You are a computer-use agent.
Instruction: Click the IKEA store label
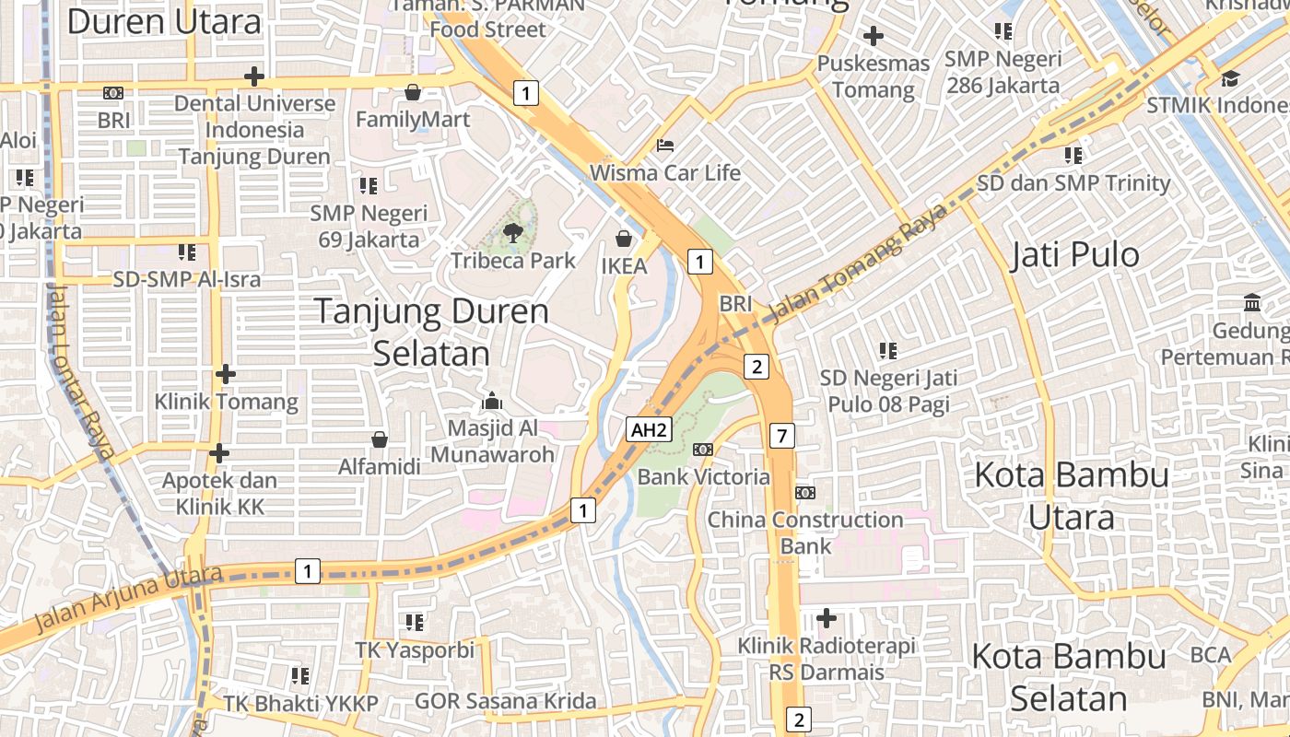pos(624,266)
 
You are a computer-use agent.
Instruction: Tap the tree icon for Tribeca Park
pos(513,233)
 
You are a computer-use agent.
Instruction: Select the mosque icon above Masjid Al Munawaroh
pos(491,402)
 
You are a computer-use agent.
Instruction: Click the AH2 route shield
pos(648,429)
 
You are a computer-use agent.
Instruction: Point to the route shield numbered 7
pos(781,436)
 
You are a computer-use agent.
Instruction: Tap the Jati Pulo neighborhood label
pos(1075,255)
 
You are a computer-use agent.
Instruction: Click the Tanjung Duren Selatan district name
pos(431,333)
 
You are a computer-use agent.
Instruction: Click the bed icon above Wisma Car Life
pos(664,146)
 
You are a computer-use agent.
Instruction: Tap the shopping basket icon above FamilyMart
pos(413,92)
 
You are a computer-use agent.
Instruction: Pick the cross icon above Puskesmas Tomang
pos(873,37)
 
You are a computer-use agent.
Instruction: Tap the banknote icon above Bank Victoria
pos(703,450)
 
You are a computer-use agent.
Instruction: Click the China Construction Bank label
pos(804,532)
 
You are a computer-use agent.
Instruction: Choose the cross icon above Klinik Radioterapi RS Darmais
pos(827,617)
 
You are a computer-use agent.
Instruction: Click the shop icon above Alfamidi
pos(379,439)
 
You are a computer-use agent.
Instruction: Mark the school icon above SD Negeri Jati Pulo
pos(887,350)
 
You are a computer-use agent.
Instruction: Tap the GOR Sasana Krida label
pos(505,702)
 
